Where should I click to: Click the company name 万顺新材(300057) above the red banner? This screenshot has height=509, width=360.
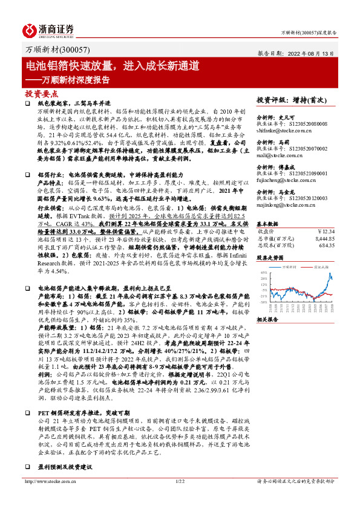click(x=50, y=52)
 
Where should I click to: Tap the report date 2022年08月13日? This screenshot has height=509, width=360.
click(x=312, y=53)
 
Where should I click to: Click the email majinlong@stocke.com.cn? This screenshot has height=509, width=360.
click(x=284, y=204)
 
